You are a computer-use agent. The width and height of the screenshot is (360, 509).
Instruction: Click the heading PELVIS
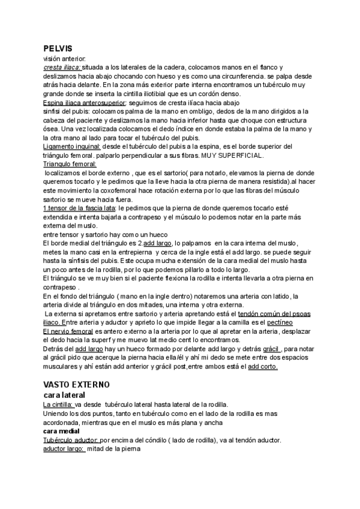tap(58, 48)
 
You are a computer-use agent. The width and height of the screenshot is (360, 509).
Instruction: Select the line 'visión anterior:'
tap(65, 59)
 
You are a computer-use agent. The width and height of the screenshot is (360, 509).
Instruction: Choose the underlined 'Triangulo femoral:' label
tap(70, 164)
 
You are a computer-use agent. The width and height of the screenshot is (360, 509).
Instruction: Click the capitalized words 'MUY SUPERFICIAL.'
tap(230, 155)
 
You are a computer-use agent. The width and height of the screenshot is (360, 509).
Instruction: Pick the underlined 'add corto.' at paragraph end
tap(263, 367)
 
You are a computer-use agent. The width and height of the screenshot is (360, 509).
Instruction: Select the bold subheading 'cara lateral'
tap(64, 396)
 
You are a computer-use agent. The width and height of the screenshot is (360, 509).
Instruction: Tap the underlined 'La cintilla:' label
tap(58, 405)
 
